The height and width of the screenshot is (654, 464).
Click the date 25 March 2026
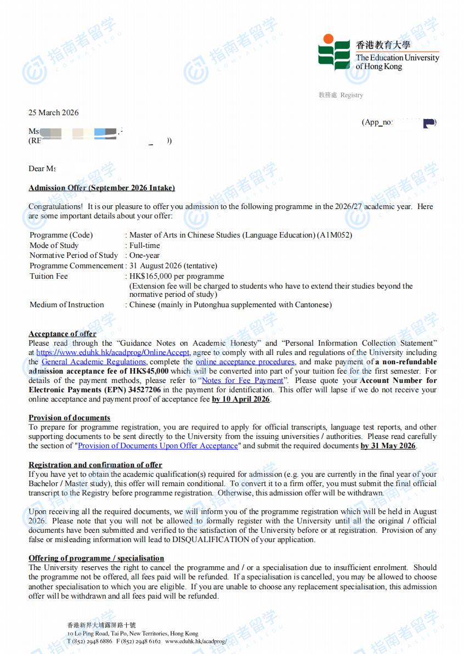pos(53,112)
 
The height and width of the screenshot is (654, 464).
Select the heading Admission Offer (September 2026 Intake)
pos(101,188)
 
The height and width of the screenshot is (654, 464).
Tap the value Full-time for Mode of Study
pos(145,245)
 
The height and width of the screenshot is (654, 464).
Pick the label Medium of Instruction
pos(66,305)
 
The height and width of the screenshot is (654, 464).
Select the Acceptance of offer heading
pos(62,334)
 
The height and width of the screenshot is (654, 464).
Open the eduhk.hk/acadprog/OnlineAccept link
pos(113,352)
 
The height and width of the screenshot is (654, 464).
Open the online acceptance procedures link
pos(245,362)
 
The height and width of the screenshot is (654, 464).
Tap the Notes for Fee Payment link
pos(242,380)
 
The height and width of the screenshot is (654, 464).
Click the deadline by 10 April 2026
pos(241,399)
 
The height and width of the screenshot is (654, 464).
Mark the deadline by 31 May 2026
pos(388,446)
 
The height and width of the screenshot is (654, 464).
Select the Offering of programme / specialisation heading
pos(96,558)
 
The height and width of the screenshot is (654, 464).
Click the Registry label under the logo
pos(351,95)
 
